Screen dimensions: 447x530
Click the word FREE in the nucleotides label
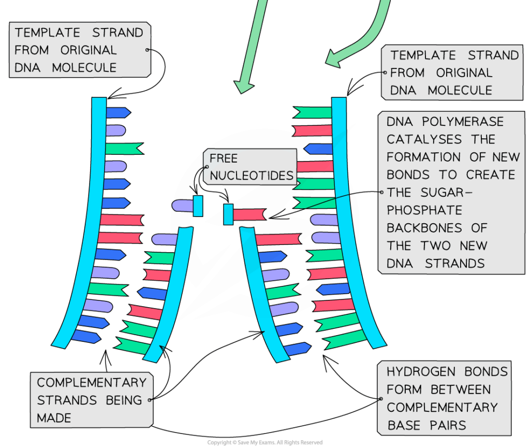(224, 158)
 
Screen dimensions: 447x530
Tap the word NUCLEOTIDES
(252, 176)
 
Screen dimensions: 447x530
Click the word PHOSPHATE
(424, 210)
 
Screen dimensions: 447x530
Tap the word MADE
(54, 417)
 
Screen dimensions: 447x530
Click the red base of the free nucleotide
(249, 214)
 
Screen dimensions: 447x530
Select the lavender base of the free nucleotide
(182, 206)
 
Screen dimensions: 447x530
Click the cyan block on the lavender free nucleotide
(198, 206)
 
